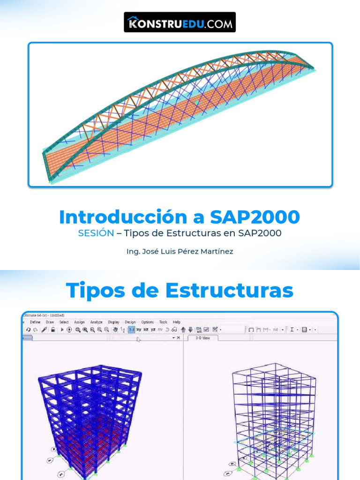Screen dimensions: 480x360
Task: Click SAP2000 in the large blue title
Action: [x=255, y=217]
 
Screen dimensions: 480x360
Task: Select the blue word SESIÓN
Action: [x=96, y=233]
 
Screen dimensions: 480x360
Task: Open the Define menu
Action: [x=35, y=322]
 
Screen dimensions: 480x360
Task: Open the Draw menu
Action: [x=50, y=322]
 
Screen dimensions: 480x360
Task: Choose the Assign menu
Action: [x=79, y=322]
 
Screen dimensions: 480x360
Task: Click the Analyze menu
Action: [x=96, y=322]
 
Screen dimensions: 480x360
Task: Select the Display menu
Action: [x=113, y=322]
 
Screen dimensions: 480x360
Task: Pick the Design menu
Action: [x=130, y=322]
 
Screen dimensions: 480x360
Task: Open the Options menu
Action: [x=147, y=322]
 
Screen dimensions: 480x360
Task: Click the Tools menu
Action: [x=163, y=322]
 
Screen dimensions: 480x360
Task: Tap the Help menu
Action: [x=176, y=322]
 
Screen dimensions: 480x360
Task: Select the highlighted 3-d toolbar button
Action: [x=132, y=330]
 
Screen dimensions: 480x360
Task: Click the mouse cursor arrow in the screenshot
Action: [x=138, y=339]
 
